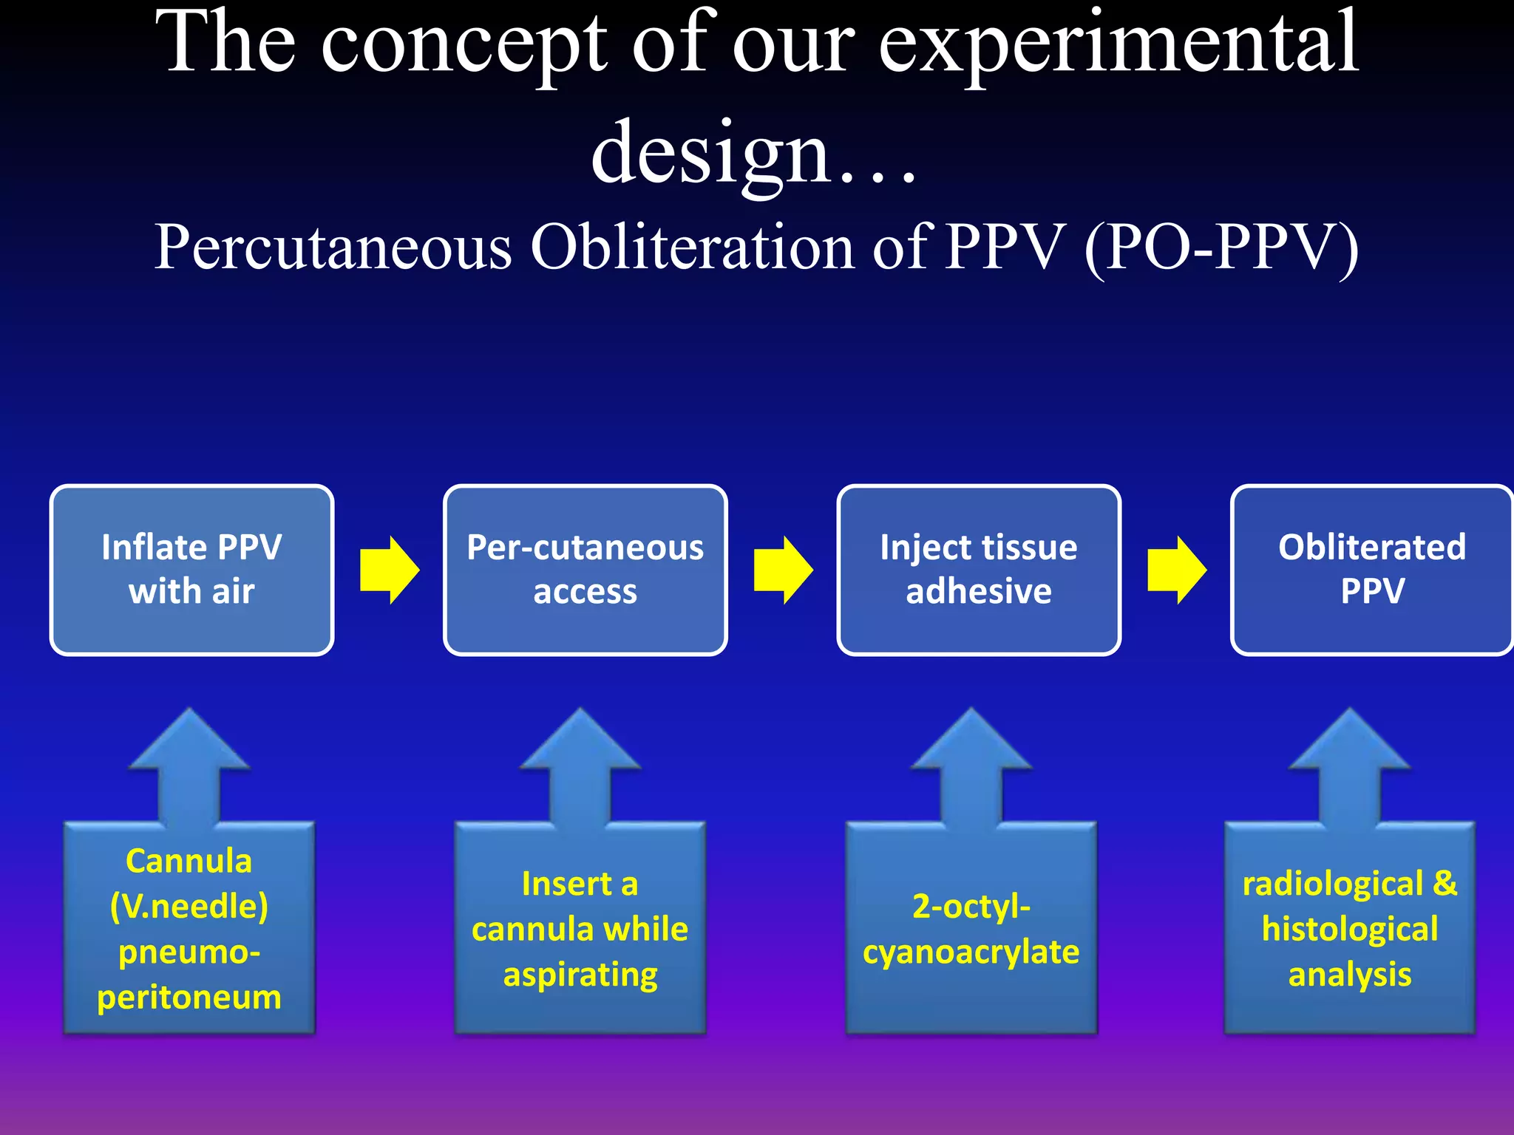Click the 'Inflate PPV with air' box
pos(191,570)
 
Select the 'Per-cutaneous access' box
pos(585,570)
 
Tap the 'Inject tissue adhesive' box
pos(978,570)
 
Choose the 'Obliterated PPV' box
pos(1371,570)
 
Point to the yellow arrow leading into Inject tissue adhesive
pos(783,570)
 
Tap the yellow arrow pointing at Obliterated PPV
pos(1176,570)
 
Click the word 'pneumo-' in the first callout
pos(189,952)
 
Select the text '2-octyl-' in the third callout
pos(971,907)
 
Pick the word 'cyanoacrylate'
pos(971,952)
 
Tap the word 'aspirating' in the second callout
pos(580,975)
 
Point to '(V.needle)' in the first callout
pos(189,907)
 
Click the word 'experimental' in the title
pos(1118,46)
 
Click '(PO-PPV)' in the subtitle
pos(1221,248)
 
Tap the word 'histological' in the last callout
pos(1350,930)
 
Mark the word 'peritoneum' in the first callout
pos(189,998)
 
